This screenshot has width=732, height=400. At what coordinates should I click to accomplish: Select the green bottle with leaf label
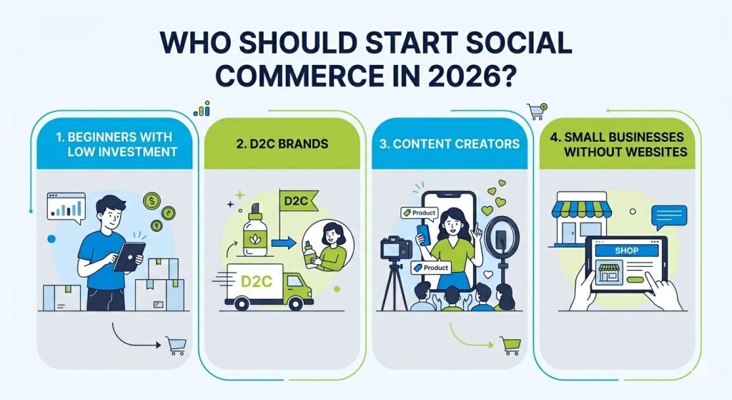click(x=254, y=231)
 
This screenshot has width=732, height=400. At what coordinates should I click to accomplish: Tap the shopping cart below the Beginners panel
click(x=175, y=346)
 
